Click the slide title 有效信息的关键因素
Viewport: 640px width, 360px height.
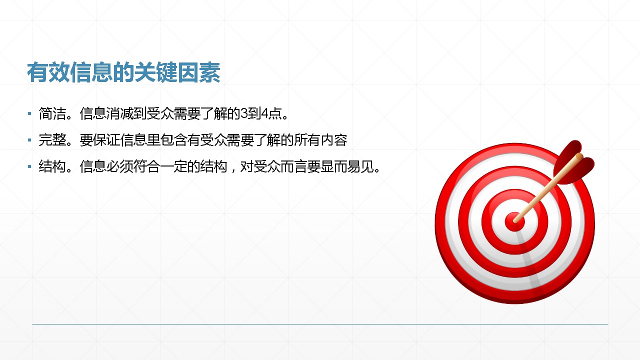(x=123, y=72)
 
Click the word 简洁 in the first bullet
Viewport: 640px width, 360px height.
(x=52, y=113)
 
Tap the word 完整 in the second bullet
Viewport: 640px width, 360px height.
(x=52, y=140)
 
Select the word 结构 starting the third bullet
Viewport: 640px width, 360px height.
(x=52, y=166)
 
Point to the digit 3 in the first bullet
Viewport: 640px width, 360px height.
(x=244, y=113)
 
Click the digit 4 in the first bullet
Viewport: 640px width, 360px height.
(x=265, y=113)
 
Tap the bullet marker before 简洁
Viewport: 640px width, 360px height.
(x=29, y=113)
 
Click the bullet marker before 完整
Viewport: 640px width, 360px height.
(x=29, y=140)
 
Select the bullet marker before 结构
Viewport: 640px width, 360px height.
(x=29, y=166)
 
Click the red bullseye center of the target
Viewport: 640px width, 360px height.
(x=514, y=222)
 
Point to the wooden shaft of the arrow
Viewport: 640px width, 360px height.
(x=547, y=189)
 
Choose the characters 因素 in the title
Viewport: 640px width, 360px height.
(x=199, y=72)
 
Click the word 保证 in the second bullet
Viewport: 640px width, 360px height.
(x=106, y=140)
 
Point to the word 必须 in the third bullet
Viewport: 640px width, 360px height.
(x=119, y=166)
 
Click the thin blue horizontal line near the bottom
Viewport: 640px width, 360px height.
(x=320, y=324)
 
